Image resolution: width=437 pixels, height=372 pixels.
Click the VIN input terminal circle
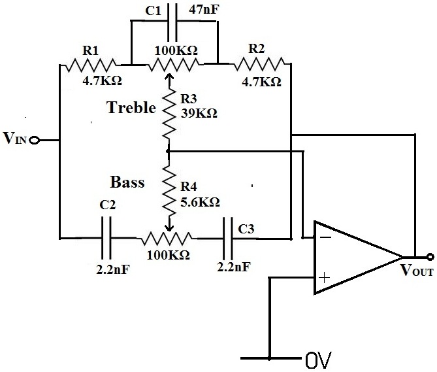point(35,140)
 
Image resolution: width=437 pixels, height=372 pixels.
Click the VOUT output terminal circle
point(430,256)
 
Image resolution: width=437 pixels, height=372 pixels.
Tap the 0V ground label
point(318,359)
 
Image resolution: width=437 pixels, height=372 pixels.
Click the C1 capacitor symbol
point(174,21)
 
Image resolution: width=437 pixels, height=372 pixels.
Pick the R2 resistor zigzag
point(260,64)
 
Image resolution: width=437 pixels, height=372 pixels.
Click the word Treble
point(131,108)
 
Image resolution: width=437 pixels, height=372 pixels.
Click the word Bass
point(127,181)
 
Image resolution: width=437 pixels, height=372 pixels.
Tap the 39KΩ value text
point(199,112)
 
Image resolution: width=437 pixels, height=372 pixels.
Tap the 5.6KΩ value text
point(199,201)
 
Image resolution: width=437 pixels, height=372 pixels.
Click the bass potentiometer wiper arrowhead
point(170,226)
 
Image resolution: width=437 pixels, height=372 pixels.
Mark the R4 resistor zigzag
point(170,190)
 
